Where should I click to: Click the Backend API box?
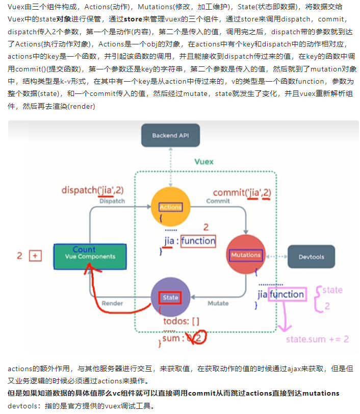click(170, 135)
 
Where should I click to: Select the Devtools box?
click(311, 257)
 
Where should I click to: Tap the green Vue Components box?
click(90, 257)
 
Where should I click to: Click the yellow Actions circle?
click(171, 207)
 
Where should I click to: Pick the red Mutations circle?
click(246, 255)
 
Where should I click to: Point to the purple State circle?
click(171, 297)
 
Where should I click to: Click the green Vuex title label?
click(204, 162)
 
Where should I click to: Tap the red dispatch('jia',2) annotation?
click(93, 190)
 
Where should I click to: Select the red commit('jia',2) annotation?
click(242, 193)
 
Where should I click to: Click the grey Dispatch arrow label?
click(112, 201)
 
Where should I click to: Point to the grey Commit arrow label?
click(218, 201)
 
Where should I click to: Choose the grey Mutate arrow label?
click(218, 303)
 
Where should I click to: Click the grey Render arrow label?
click(112, 303)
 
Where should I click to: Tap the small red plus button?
click(35, 256)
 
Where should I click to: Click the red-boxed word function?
click(198, 241)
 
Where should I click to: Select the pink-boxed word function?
click(287, 294)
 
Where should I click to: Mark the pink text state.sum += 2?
click(318, 339)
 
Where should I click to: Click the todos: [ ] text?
click(181, 321)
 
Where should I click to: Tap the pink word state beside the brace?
click(332, 290)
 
